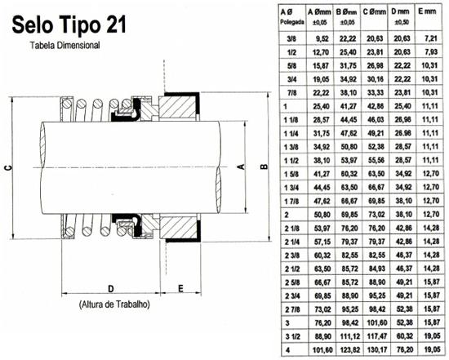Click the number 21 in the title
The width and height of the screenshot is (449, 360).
point(116,24)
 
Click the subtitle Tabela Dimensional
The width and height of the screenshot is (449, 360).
point(65,45)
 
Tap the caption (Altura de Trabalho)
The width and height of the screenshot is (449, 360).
point(114,304)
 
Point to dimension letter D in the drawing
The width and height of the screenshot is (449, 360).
point(111,288)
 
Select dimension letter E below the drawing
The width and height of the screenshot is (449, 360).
point(180,288)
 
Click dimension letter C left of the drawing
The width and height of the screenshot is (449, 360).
point(9,167)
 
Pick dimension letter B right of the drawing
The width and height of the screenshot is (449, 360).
point(265,167)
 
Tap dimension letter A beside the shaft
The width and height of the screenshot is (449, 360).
point(242,167)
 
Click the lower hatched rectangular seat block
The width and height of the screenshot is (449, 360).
point(178,227)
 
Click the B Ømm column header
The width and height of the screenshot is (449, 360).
point(347,16)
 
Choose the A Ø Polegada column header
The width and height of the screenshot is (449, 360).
point(291,16)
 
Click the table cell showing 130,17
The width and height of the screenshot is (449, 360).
point(376,349)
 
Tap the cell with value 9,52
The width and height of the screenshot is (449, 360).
point(322,38)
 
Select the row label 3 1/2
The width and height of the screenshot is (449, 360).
point(292,336)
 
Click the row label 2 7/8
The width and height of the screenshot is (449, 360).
point(292,309)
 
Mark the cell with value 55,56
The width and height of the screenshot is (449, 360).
point(376,160)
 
